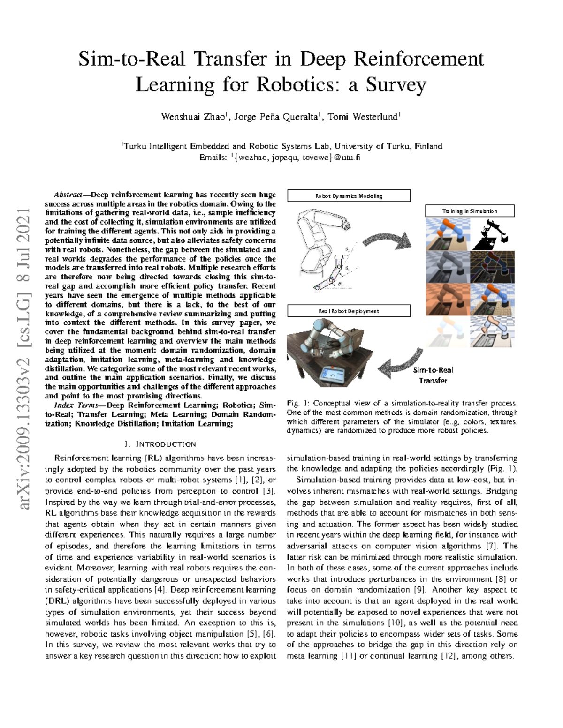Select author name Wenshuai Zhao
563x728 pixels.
coord(193,117)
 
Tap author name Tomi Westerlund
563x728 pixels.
coord(363,117)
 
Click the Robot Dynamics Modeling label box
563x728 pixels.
coord(348,196)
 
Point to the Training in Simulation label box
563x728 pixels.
coord(469,211)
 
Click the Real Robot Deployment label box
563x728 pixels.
coord(348,311)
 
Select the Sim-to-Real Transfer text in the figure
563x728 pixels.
coord(433,375)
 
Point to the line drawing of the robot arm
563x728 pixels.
coord(324,248)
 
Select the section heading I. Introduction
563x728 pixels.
coord(159,444)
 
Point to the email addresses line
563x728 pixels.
coord(280,158)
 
